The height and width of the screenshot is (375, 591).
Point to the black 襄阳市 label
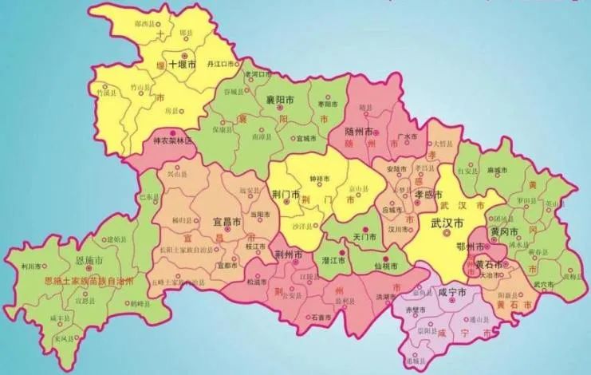278,101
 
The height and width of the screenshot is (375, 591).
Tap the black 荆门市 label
285,194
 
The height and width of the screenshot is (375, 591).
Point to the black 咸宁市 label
452,293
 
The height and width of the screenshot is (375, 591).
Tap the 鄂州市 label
471,249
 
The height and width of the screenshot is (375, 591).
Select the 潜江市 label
332,260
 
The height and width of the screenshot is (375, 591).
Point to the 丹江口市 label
219,63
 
